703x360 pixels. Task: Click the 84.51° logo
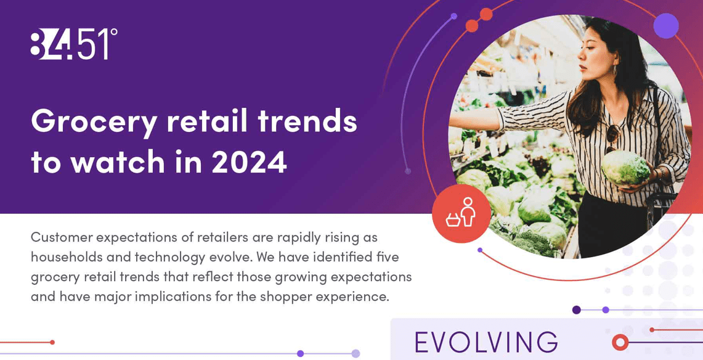(74, 44)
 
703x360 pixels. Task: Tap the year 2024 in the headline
(249, 162)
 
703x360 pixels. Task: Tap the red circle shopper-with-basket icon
(461, 214)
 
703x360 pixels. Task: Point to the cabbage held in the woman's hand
(625, 168)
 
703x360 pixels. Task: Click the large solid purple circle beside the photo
(666, 26)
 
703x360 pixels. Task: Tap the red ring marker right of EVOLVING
(620, 342)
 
